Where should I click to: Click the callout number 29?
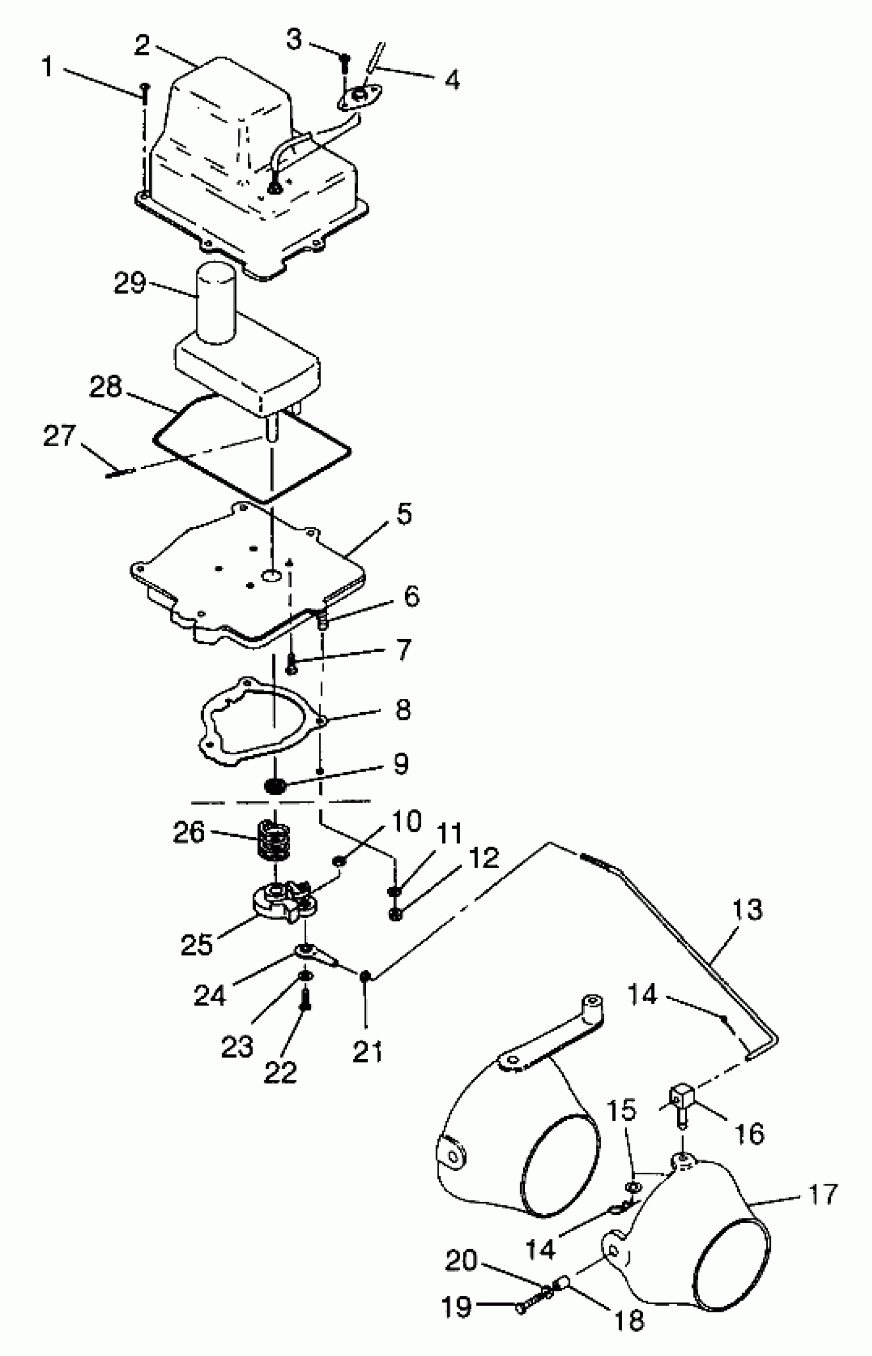130,283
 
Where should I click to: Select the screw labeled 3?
344,65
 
